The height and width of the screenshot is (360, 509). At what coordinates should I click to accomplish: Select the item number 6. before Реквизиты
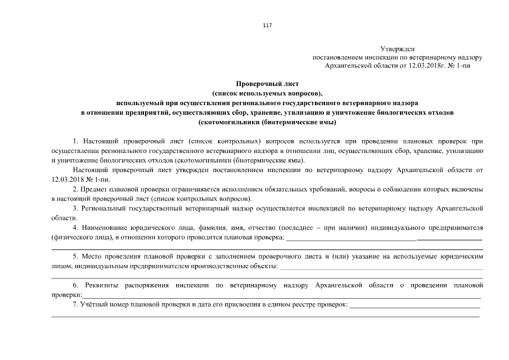tap(76, 285)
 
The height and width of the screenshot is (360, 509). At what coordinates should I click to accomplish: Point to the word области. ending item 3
tap(62, 217)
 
